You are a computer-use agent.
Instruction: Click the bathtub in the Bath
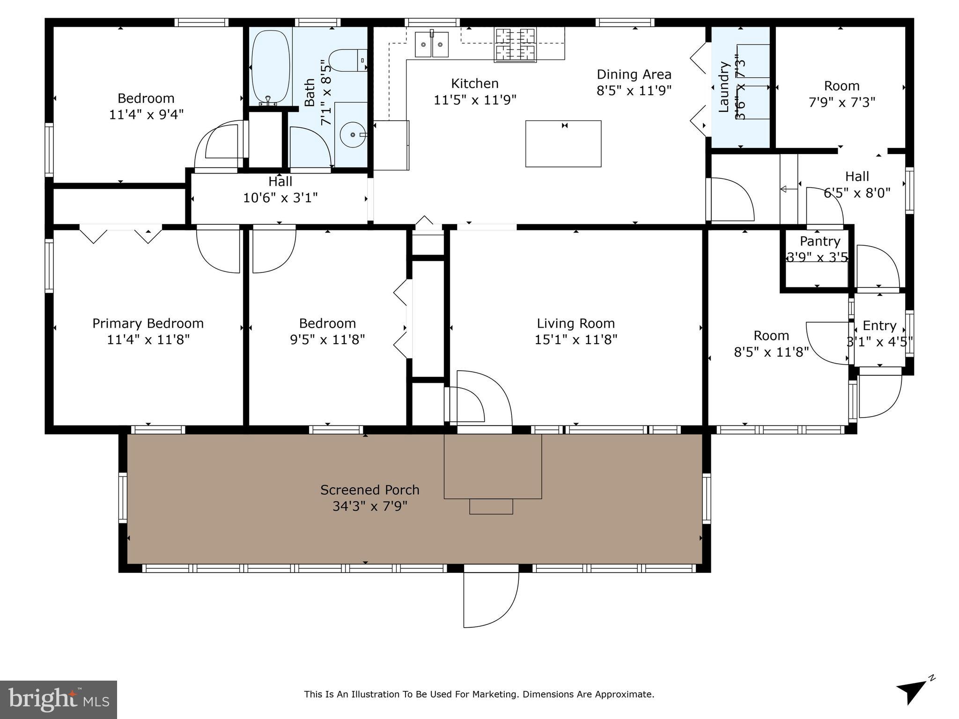[270, 66]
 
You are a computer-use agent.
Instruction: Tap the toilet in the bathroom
[347, 60]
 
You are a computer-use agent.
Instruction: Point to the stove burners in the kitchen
[515, 45]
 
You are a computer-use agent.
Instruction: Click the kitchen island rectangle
[563, 144]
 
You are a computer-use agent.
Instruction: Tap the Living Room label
[575, 323]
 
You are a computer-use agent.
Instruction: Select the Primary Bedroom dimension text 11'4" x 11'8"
[148, 339]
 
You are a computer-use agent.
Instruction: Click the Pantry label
[819, 242]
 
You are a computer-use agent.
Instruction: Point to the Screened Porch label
[369, 490]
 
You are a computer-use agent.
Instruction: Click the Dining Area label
[634, 74]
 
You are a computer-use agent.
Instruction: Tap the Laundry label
[724, 87]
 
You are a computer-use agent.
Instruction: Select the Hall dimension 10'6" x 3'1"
[280, 198]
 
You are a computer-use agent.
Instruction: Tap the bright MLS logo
[58, 699]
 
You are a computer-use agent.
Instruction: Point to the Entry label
[879, 326]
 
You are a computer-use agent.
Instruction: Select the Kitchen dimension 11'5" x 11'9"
[474, 100]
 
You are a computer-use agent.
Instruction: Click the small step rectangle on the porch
[491, 506]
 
